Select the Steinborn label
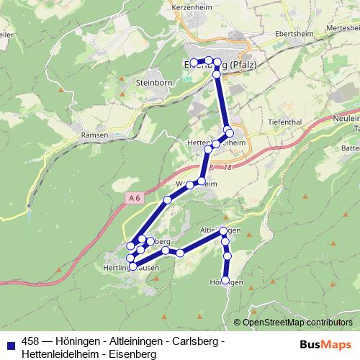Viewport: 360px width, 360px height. pyautogui.click(x=150, y=83)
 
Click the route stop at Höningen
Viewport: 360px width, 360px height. pyautogui.click(x=225, y=280)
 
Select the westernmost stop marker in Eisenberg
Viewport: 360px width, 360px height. pyautogui.click(x=194, y=62)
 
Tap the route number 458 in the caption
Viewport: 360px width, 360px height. pyautogui.click(x=31, y=341)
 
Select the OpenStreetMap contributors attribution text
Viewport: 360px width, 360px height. pyautogui.click(x=297, y=322)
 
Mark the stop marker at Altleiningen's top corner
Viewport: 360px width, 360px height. pyautogui.click(x=224, y=230)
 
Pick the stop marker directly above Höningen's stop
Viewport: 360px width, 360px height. pyautogui.click(x=228, y=256)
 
